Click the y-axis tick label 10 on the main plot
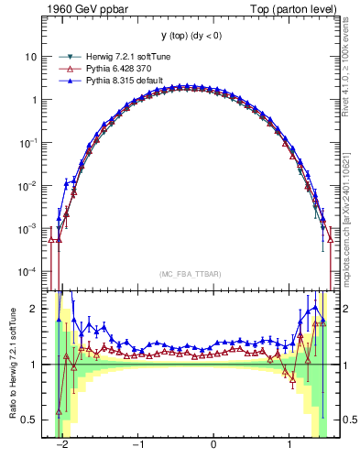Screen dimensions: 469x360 [x=30, y=57]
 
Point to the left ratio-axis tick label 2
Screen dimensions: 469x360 [x=34, y=309]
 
